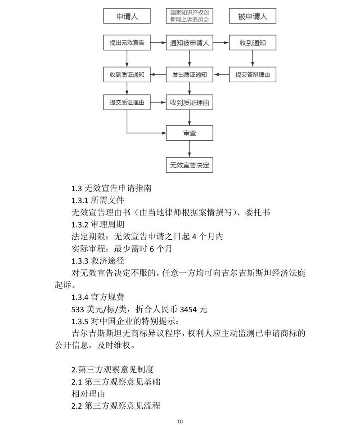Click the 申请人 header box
(127, 17)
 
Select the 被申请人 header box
(252, 17)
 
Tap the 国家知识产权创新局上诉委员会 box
(189, 17)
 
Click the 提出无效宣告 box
(127, 43)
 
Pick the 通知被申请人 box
(189, 43)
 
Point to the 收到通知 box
(252, 43)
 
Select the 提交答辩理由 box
(252, 75)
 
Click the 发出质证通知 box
(189, 75)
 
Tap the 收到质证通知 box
(127, 75)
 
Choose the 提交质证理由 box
(127, 103)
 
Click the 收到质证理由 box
(189, 103)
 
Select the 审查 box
(189, 133)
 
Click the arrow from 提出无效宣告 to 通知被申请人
(158, 43)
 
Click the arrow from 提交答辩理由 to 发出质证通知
(221, 75)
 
